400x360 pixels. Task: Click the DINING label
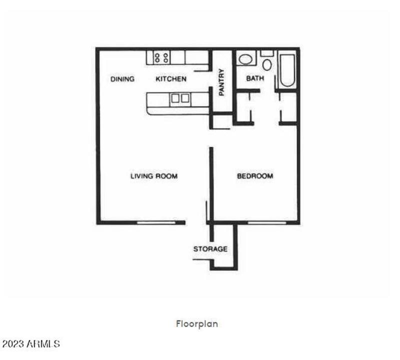pyautogui.click(x=122, y=79)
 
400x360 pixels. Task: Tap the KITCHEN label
pyautogui.click(x=171, y=79)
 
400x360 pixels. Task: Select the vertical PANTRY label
pyautogui.click(x=221, y=82)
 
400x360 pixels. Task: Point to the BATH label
pyautogui.click(x=255, y=78)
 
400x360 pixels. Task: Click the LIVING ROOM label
pyautogui.click(x=154, y=176)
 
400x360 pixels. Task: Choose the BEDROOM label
pyautogui.click(x=255, y=176)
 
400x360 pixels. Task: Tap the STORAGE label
pyautogui.click(x=210, y=249)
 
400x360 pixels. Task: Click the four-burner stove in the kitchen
pyautogui.click(x=161, y=57)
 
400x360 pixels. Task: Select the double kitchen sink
pyautogui.click(x=180, y=98)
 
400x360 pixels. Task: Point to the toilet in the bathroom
pyautogui.click(x=267, y=63)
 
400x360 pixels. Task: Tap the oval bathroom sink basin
pyautogui.click(x=245, y=59)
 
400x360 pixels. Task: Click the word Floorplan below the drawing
pyautogui.click(x=197, y=324)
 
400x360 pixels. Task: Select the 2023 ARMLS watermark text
pyautogui.click(x=31, y=344)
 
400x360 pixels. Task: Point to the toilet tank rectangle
pyautogui.click(x=267, y=52)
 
